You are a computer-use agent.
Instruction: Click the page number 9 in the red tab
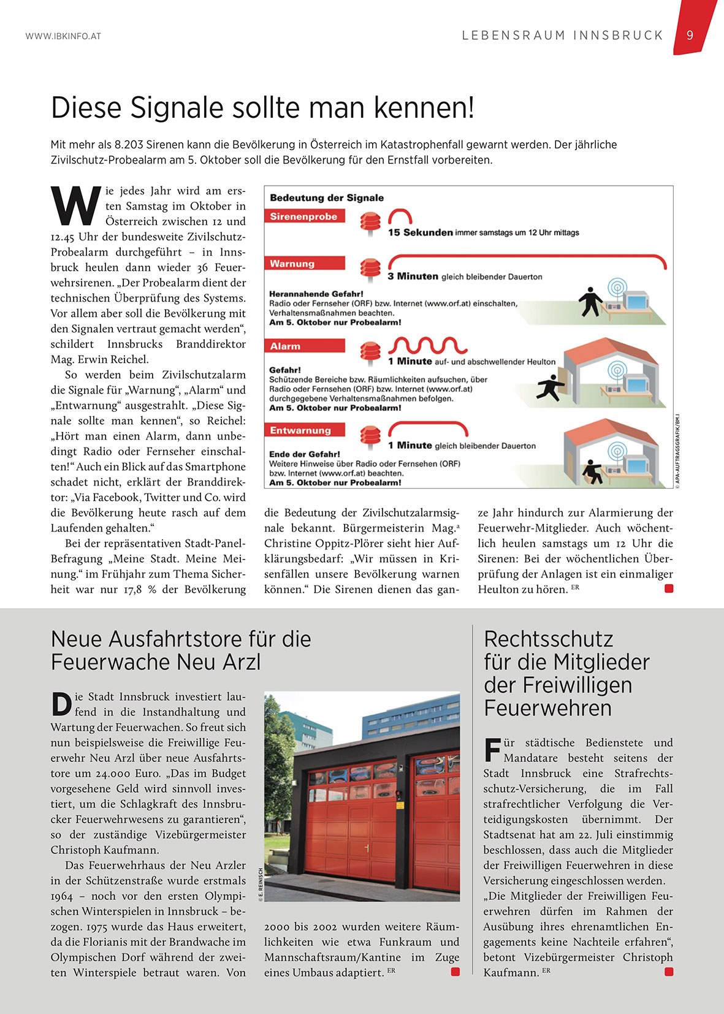(690, 36)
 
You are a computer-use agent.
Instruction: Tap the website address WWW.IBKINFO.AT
(63, 36)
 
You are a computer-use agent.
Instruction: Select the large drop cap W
(75, 207)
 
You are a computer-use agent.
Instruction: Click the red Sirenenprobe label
(304, 216)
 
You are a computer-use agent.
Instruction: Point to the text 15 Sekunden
(420, 232)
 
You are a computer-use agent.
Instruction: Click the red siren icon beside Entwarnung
(370, 436)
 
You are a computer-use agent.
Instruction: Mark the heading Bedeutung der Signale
(327, 198)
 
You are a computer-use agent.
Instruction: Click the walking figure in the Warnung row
(590, 302)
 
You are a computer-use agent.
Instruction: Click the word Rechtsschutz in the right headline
(548, 639)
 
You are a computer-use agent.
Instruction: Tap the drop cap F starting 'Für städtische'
(492, 750)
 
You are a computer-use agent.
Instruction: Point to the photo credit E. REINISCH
(260, 883)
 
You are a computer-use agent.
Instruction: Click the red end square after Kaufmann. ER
(669, 972)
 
